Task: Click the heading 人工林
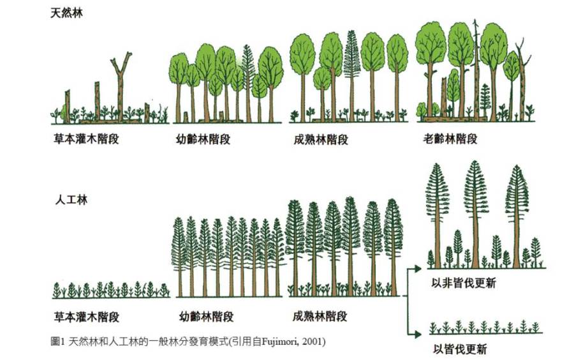click(x=69, y=200)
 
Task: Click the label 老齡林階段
click(x=450, y=139)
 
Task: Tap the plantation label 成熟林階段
click(x=320, y=316)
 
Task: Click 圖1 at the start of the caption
click(x=58, y=341)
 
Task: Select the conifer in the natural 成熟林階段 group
click(x=351, y=70)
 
